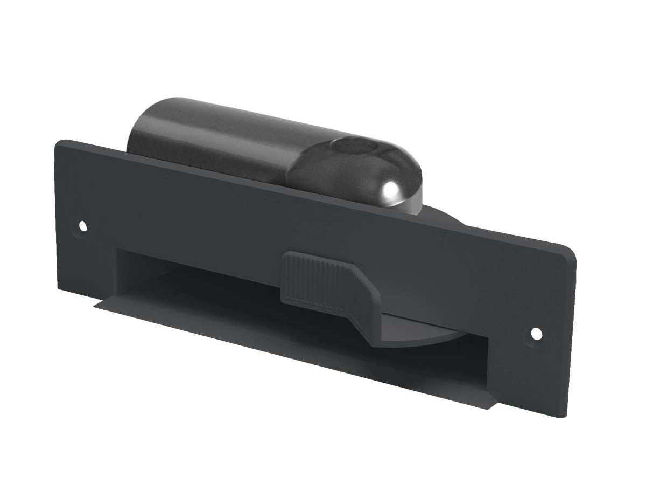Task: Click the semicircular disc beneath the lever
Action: [x=420, y=337]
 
